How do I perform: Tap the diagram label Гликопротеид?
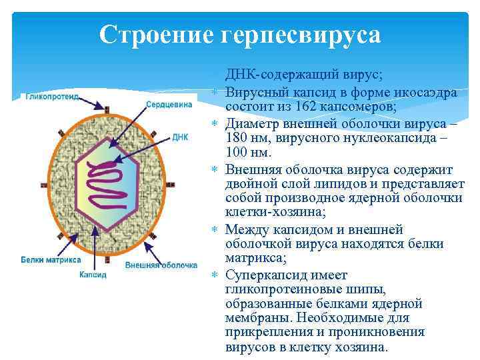53,97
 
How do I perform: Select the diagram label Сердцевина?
169,104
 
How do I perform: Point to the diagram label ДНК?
180,137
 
